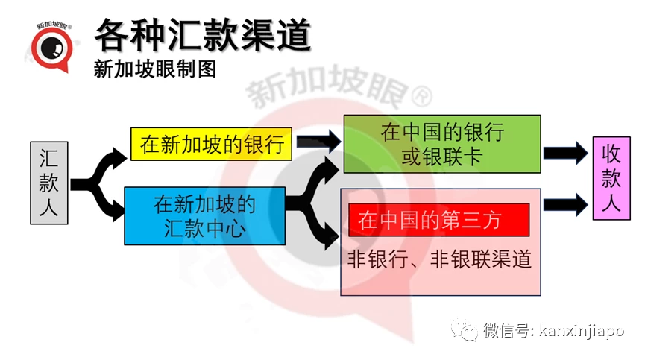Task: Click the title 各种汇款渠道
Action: pos(202,35)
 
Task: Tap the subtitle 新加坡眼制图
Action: pos(154,69)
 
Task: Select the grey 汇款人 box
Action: pos(49,183)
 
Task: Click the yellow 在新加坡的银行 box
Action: pos(212,144)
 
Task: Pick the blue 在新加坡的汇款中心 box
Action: pos(205,216)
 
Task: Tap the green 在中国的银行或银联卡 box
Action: pos(442,144)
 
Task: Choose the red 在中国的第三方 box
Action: pos(439,220)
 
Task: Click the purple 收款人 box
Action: pos(611,178)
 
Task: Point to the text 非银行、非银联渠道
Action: pos(440,259)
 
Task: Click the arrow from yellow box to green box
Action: pos(319,142)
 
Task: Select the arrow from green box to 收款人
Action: pos(566,154)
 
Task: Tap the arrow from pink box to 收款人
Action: pos(566,205)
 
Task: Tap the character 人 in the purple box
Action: pos(611,203)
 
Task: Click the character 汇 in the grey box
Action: pos(49,158)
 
